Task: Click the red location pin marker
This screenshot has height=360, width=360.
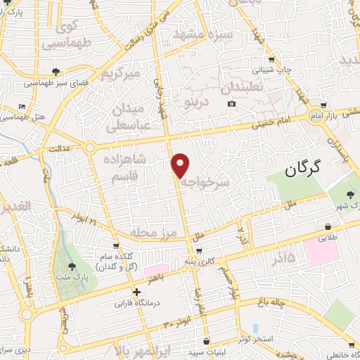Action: (181, 165)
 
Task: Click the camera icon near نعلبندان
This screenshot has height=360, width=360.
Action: (232, 104)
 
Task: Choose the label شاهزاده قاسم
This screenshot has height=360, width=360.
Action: (128, 169)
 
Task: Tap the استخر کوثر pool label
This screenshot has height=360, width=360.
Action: (257, 340)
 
